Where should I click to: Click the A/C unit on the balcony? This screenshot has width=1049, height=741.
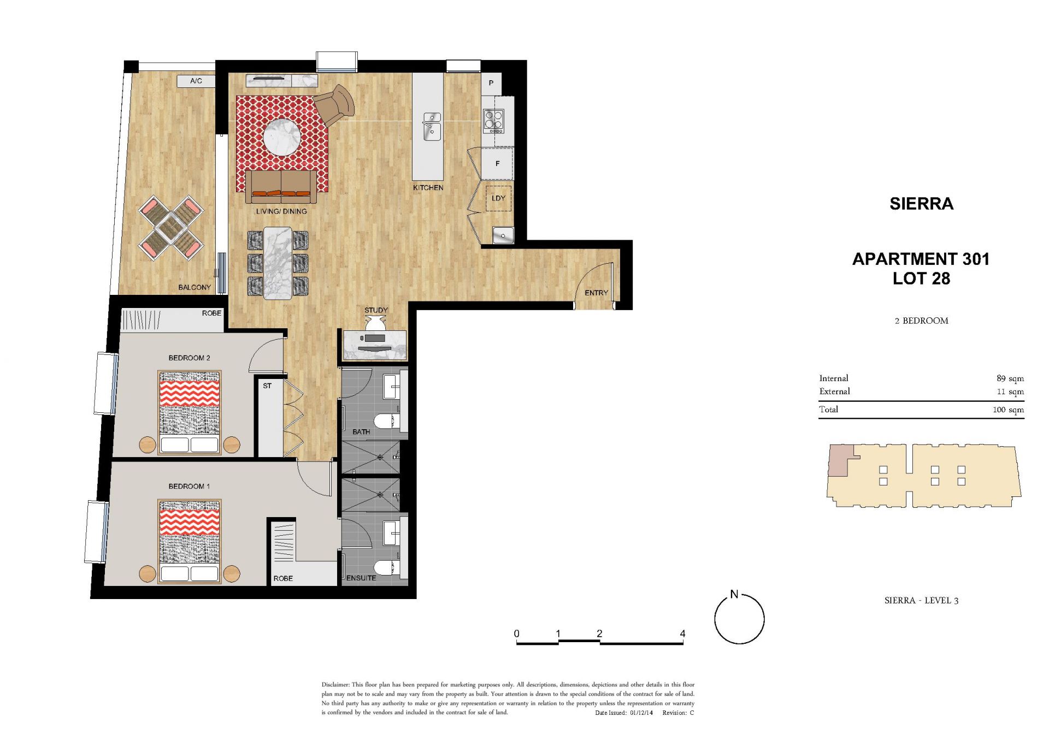[196, 81]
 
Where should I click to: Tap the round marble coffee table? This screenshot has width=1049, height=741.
[282, 137]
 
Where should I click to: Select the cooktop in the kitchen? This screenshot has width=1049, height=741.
[493, 121]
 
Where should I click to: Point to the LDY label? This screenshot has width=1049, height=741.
[498, 198]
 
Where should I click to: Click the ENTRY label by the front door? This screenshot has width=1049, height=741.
[596, 293]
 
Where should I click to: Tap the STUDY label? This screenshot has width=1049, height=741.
[376, 310]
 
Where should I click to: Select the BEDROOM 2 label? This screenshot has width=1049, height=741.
[189, 358]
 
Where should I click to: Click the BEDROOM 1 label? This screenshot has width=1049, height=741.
[189, 486]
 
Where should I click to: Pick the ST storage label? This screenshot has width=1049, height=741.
[267, 386]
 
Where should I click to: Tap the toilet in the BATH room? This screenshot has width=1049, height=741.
[387, 422]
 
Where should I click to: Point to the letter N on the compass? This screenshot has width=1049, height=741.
[734, 594]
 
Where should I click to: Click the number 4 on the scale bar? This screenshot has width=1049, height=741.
[682, 633]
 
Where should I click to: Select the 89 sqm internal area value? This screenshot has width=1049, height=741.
[1010, 378]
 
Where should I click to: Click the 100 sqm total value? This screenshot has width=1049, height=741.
[1009, 410]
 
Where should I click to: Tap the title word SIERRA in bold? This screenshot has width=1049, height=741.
[921, 204]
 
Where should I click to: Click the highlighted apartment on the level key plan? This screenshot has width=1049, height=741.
[839, 460]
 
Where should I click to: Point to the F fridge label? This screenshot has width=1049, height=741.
[497, 163]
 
